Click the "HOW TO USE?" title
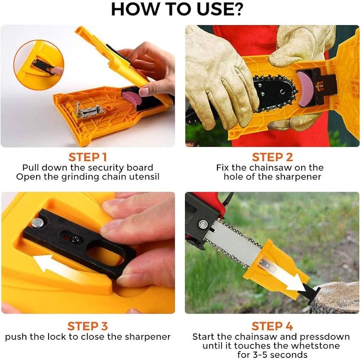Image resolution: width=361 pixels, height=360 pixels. (x=177, y=9)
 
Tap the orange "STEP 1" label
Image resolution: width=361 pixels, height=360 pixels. (x=88, y=157)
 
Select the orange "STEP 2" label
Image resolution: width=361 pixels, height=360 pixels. (x=272, y=157)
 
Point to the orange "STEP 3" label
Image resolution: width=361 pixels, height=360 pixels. (x=88, y=326)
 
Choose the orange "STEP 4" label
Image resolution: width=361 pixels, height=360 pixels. (x=272, y=326)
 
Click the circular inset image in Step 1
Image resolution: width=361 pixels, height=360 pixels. (x=39, y=65)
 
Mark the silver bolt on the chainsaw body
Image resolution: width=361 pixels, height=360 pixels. (x=202, y=224)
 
